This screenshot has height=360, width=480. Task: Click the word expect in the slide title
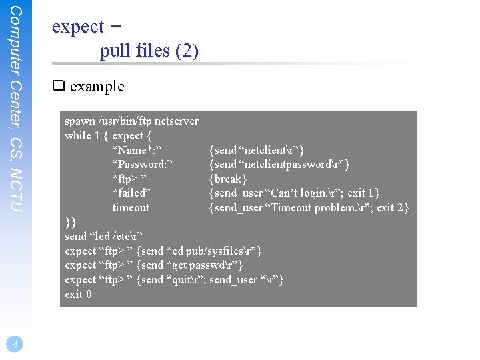pyautogui.click(x=78, y=27)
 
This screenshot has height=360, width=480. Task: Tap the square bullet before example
pyautogui.click(x=57, y=86)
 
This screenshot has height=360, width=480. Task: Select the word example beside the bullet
pyautogui.click(x=97, y=86)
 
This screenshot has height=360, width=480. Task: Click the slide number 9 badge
pyautogui.click(x=14, y=343)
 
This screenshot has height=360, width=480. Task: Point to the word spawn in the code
pyautogui.click(x=80, y=121)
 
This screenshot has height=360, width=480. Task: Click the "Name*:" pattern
pyautogui.click(x=137, y=150)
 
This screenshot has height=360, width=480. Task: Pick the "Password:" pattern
pyautogui.click(x=142, y=165)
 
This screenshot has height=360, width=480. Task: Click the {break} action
pyautogui.click(x=228, y=179)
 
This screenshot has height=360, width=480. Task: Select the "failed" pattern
pyautogui.click(x=131, y=193)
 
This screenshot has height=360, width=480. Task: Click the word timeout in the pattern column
pyautogui.click(x=131, y=207)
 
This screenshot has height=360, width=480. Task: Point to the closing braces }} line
pyautogui.click(x=71, y=221)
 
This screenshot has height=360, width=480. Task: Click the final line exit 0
pyautogui.click(x=78, y=294)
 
